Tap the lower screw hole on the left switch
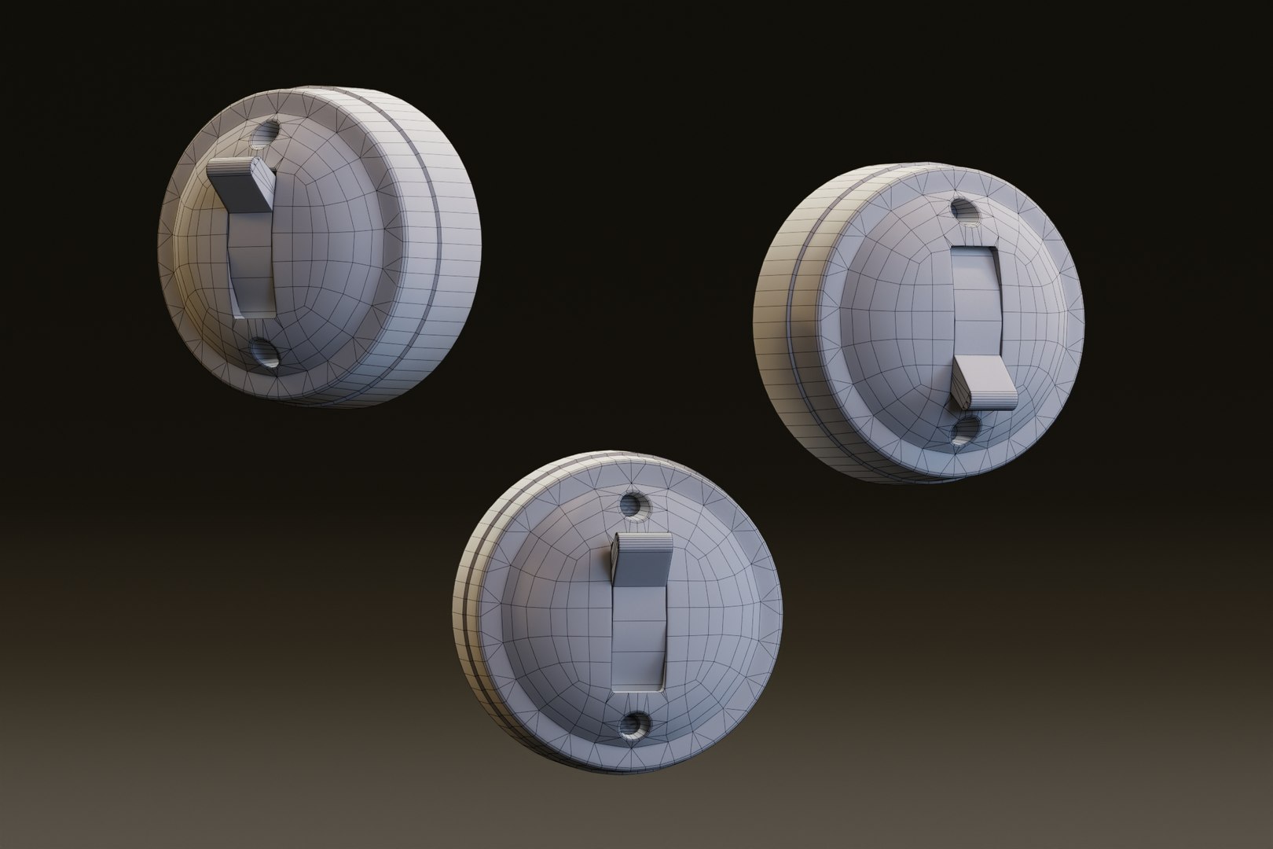(265, 352)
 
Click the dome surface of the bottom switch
(707, 613)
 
